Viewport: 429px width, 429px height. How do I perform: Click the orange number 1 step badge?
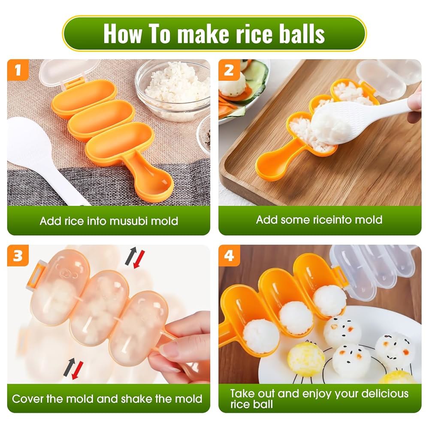[18, 70]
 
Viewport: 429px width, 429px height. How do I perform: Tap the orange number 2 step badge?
[229, 70]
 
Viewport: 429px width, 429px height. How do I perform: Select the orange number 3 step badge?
[18, 256]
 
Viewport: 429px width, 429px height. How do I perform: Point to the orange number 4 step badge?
[229, 256]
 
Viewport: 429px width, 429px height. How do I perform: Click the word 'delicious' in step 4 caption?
[385, 393]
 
